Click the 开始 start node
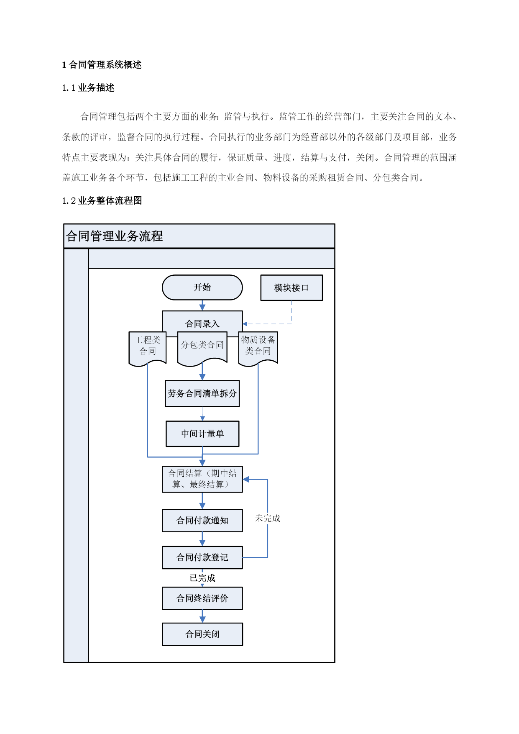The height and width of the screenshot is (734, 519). [x=202, y=287]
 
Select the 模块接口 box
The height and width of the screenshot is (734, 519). [x=291, y=287]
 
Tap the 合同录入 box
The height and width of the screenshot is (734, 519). [x=202, y=321]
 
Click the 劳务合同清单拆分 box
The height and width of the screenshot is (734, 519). [x=202, y=393]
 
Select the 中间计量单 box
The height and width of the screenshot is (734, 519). [x=202, y=434]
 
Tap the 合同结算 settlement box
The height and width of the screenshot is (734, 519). [x=202, y=479]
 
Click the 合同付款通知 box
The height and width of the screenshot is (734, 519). [x=202, y=521]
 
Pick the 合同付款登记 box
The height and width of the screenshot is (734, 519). [x=202, y=557]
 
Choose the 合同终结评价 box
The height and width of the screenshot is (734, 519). [x=202, y=598]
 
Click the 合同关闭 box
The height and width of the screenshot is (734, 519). [x=202, y=634]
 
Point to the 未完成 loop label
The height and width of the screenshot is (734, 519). [x=268, y=518]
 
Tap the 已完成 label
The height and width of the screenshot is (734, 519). [x=202, y=578]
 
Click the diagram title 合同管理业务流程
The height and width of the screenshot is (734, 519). [x=114, y=236]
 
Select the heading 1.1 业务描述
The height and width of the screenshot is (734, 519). [x=88, y=88]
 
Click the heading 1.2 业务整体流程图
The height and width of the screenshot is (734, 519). [x=102, y=201]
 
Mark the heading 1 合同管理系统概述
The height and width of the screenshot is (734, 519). [x=102, y=65]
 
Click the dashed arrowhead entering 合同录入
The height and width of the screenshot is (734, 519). [x=245, y=324]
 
